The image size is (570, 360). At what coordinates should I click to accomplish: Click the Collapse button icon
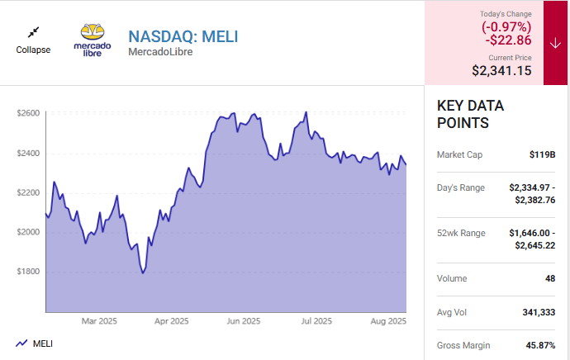(x=33, y=32)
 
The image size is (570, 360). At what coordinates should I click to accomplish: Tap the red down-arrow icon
(x=554, y=44)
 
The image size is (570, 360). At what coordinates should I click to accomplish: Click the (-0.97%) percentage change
(x=507, y=26)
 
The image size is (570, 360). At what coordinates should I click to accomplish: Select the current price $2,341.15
(x=501, y=72)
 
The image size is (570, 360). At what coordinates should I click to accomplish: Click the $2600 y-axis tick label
(x=28, y=113)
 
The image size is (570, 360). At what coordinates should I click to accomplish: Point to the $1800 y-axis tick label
(x=28, y=272)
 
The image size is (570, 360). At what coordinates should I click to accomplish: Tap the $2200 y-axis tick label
(x=28, y=192)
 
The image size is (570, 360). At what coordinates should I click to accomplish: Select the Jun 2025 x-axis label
(x=244, y=321)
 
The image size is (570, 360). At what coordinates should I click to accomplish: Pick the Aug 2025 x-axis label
(x=388, y=321)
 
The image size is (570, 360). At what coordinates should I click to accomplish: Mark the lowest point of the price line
(x=143, y=272)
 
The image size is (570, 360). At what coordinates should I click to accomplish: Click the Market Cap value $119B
(x=542, y=154)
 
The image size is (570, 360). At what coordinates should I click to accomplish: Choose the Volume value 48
(x=549, y=279)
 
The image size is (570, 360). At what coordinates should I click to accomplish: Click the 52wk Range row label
(x=461, y=234)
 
